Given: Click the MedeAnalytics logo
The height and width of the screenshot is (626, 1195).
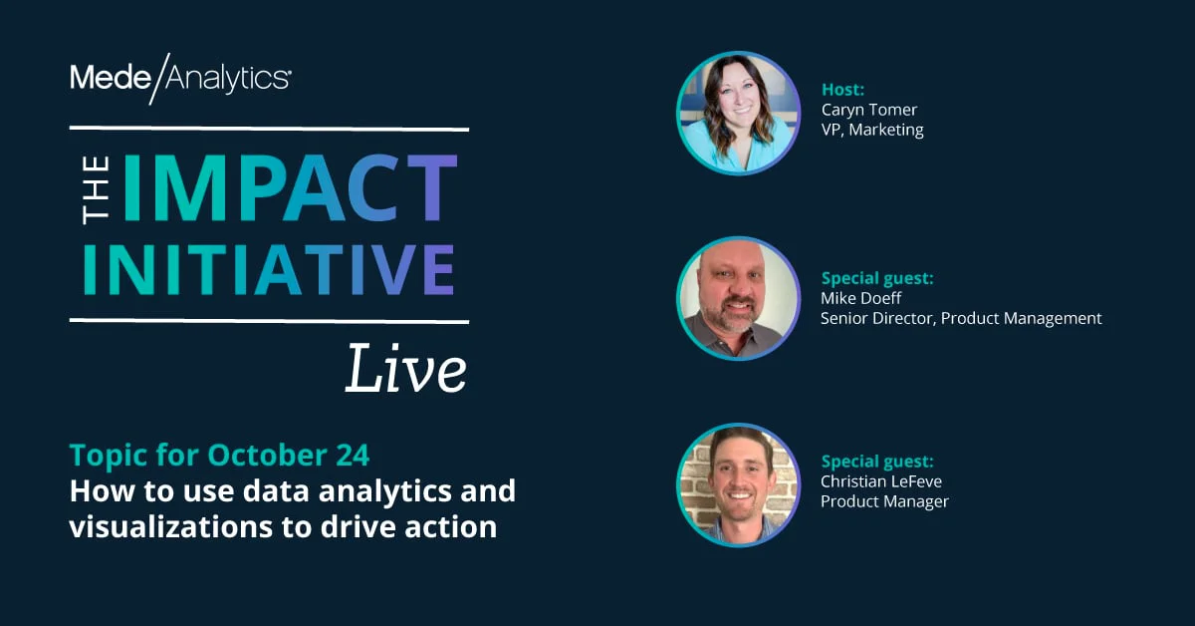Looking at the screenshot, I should click(180, 78).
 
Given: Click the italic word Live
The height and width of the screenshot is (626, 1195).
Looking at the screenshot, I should click(406, 369).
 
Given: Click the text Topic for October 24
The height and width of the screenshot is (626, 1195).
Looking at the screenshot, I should click(219, 456).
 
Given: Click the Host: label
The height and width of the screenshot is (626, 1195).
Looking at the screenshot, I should click(842, 90).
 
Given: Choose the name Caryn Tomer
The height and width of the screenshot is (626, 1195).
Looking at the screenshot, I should click(869, 110).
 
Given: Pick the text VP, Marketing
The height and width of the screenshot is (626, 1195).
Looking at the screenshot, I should click(872, 130).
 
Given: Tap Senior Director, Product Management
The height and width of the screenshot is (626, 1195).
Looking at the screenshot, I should click(961, 319).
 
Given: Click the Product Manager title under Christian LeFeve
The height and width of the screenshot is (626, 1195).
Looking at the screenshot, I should click(884, 501).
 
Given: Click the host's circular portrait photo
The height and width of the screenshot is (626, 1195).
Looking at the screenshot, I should click(738, 113).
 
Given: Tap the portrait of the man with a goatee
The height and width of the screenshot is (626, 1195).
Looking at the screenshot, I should click(738, 298).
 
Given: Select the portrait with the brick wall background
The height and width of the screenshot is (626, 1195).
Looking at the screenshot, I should click(738, 485).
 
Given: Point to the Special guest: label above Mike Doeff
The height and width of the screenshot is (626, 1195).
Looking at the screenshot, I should click(877, 279).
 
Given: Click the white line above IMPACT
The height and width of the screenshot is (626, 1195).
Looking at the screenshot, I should click(269, 129).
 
